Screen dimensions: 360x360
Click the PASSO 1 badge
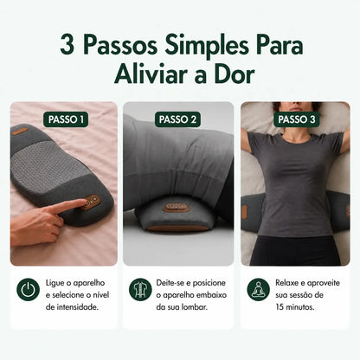pos(66,119)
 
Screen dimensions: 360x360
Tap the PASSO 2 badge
pos(177,119)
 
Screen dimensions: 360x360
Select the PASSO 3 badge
pos(297,119)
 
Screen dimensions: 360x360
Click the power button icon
pos(28,289)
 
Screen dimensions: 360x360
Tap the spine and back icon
pos(140,289)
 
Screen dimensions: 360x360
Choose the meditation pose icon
pos(259,289)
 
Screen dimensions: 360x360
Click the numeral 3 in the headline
pos(67,45)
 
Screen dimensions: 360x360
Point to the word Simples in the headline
pos(207,46)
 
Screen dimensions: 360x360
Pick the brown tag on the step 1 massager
pos(20,132)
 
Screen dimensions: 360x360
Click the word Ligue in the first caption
pos(55,283)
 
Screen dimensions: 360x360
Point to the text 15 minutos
pos(294,307)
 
